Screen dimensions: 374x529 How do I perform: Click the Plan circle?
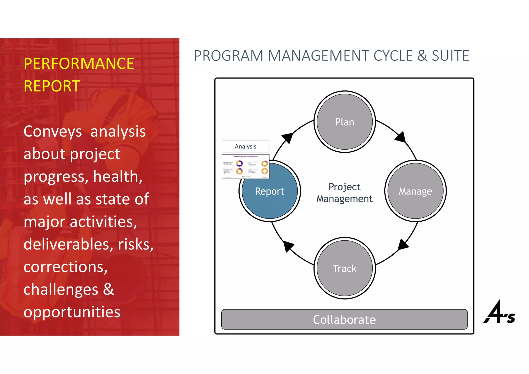[x=345, y=122]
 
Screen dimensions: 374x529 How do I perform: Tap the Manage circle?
[x=415, y=191]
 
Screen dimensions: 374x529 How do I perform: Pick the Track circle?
[x=345, y=268]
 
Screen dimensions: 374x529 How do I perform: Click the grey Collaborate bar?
[x=344, y=320]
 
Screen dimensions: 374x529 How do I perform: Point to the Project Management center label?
[x=345, y=193]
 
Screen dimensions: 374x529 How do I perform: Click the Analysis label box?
[x=245, y=146]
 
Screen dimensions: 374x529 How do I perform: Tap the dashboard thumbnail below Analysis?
[x=245, y=167]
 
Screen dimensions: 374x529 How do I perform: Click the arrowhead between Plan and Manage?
[x=401, y=137]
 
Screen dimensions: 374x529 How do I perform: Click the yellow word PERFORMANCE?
[x=79, y=64]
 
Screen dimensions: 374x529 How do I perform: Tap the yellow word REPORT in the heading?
[x=52, y=86]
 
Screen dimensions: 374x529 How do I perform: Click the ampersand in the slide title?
[x=422, y=56]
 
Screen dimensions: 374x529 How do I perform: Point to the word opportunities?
[x=72, y=312]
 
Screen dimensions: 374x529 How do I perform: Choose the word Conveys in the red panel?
[x=53, y=131]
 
